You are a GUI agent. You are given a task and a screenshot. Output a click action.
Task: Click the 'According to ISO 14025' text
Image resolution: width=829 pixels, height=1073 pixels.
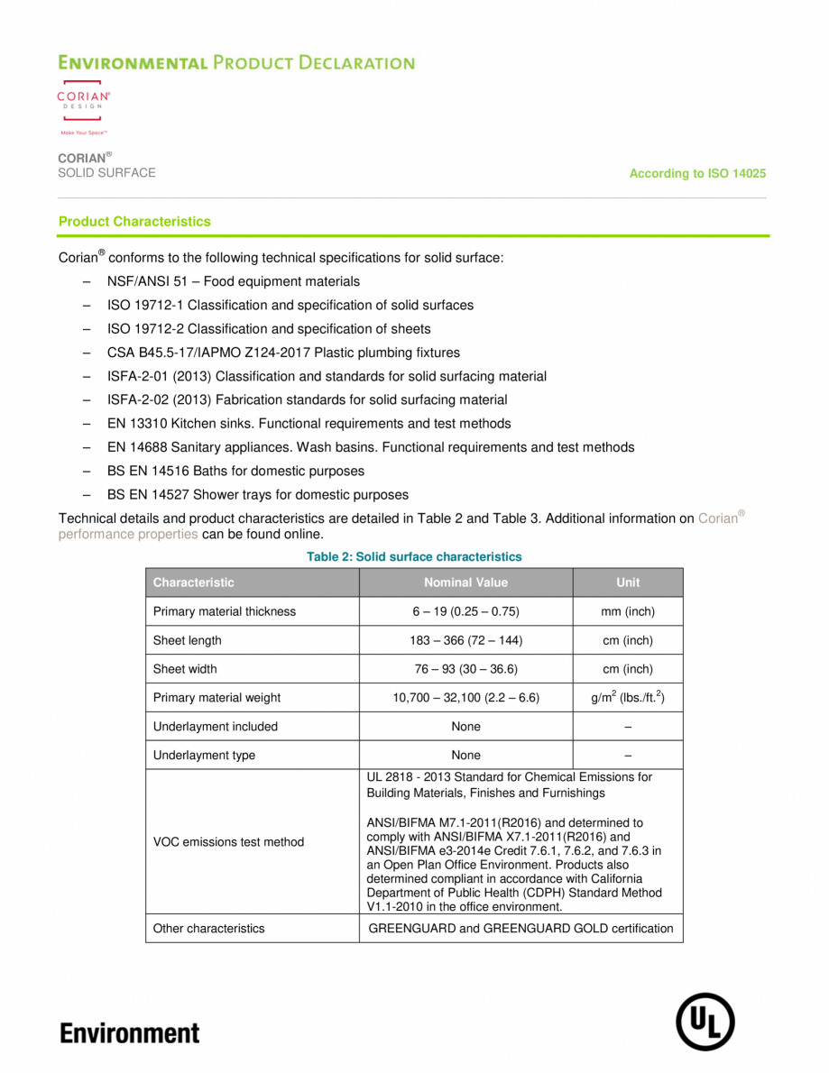pyautogui.click(x=697, y=173)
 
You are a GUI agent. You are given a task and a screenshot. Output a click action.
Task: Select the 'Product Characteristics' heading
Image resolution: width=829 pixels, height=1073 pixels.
pyautogui.click(x=134, y=222)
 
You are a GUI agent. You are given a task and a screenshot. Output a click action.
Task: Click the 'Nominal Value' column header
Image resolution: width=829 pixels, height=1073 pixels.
pyautogui.click(x=465, y=582)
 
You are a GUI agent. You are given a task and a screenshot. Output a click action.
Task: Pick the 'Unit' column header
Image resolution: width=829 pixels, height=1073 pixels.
pyautogui.click(x=628, y=582)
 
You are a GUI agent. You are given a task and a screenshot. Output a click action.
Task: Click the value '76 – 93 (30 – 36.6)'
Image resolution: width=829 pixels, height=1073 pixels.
pyautogui.click(x=465, y=669)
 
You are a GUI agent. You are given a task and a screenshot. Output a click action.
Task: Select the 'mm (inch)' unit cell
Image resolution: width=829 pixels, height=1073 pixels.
pyautogui.click(x=628, y=611)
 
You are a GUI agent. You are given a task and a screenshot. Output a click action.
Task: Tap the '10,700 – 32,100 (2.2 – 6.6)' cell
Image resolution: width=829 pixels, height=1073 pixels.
pyautogui.click(x=465, y=697)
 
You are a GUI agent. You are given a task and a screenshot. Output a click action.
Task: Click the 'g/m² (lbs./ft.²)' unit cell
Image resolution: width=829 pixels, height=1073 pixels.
pyautogui.click(x=628, y=697)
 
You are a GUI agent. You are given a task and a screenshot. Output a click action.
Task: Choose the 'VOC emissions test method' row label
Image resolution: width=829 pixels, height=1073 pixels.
pyautogui.click(x=228, y=842)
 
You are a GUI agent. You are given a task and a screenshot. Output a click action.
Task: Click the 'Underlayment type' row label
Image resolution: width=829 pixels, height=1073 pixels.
pyautogui.click(x=204, y=756)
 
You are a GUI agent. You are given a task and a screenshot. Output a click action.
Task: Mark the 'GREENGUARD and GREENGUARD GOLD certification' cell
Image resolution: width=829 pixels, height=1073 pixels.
pyautogui.click(x=520, y=929)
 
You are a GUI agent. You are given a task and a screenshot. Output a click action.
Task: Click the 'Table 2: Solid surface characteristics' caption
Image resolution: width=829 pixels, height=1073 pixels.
pyautogui.click(x=414, y=557)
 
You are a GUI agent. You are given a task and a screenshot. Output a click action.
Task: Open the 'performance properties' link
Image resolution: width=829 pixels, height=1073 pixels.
pyautogui.click(x=128, y=534)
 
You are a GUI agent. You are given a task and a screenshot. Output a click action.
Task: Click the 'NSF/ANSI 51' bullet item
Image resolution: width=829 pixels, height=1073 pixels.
pyautogui.click(x=233, y=281)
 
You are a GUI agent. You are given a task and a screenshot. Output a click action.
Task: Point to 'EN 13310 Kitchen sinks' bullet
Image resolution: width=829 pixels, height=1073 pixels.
pyautogui.click(x=309, y=424)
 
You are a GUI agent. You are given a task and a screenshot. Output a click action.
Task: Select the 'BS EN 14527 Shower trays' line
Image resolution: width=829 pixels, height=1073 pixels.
pyautogui.click(x=257, y=495)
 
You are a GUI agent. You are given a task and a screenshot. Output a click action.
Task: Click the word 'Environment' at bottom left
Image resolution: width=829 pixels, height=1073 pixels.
pyautogui.click(x=130, y=1032)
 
